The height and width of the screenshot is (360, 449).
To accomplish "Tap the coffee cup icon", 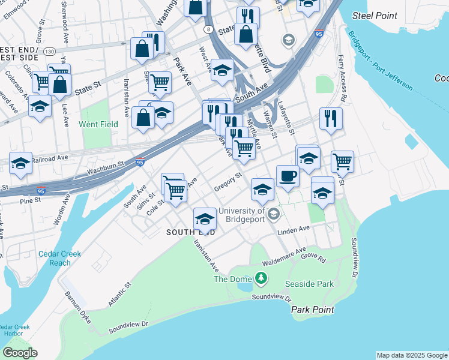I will point(288,176).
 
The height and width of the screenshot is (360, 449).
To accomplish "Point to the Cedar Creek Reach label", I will point(59,258).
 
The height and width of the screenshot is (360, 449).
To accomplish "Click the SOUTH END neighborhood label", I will point(191,232).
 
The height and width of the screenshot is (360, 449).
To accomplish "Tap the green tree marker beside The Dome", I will point(261,278).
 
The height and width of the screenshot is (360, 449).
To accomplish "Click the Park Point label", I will point(312,310).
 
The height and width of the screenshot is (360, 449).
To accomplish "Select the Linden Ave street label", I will point(294,229).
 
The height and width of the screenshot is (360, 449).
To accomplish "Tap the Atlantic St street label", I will point(119,296).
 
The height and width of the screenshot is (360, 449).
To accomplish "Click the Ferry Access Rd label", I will point(342,77).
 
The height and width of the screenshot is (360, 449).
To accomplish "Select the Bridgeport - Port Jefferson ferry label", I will point(379,60).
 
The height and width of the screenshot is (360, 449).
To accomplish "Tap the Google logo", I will point(20,353).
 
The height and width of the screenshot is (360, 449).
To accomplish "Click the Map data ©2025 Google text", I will point(412,355).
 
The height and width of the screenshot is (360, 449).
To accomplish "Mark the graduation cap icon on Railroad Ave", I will point(20,163).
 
